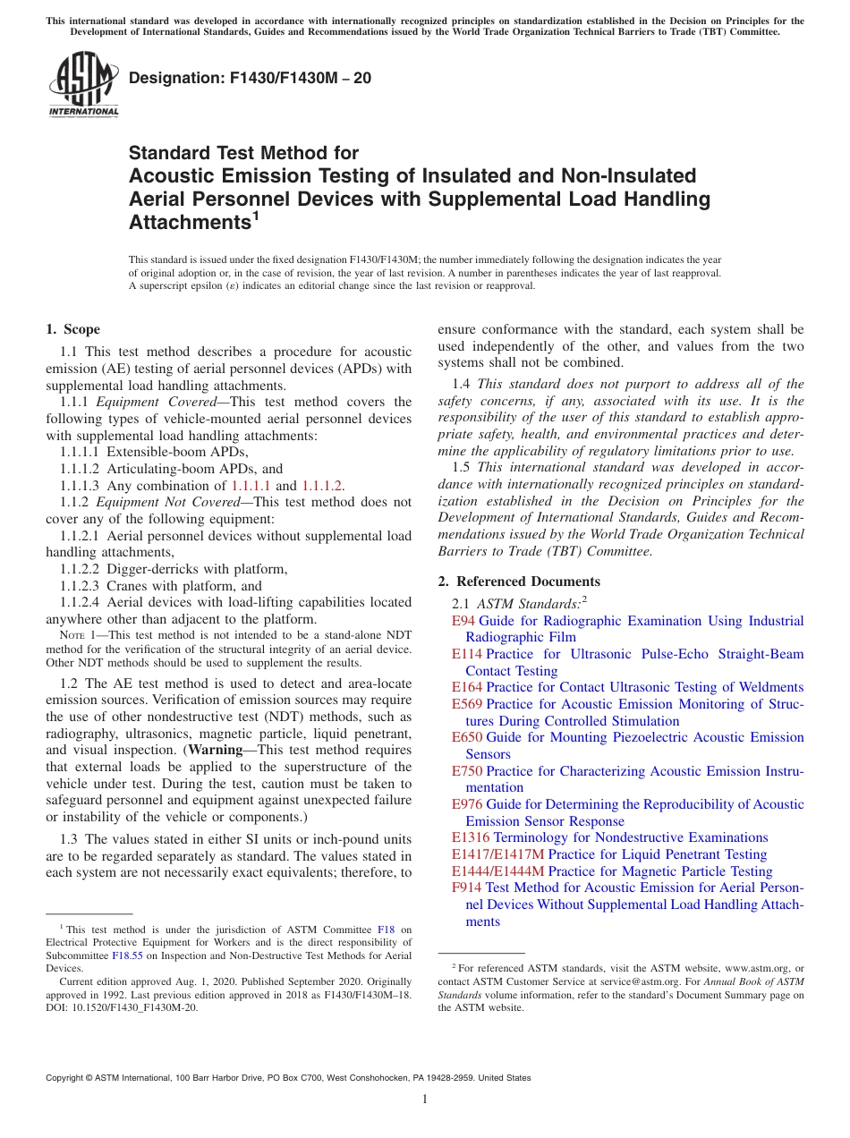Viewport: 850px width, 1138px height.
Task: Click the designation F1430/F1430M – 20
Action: (x=250, y=79)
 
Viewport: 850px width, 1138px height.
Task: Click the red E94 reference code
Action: (x=463, y=621)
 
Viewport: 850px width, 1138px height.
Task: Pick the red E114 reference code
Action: (x=466, y=654)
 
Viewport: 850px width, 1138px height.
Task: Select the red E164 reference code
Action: (x=466, y=687)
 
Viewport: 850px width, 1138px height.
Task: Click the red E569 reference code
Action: (x=466, y=704)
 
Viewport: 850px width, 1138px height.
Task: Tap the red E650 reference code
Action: (x=466, y=737)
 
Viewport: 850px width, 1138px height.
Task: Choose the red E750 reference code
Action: (x=466, y=771)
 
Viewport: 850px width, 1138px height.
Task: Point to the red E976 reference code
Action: (x=466, y=804)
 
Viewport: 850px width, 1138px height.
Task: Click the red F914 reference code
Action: (x=466, y=887)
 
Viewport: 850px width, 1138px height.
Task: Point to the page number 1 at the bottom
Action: (x=425, y=1100)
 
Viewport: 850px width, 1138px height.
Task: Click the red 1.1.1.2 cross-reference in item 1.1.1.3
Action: (x=321, y=485)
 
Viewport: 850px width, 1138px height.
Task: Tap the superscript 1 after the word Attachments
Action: (x=255, y=217)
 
